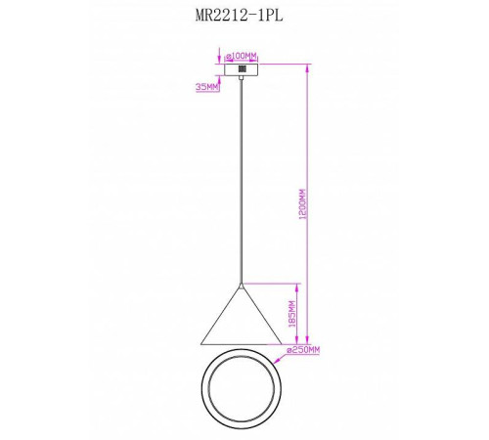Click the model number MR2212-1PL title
pyautogui.click(x=239, y=15)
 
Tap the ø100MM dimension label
pyautogui.click(x=242, y=56)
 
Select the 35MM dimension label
pyautogui.click(x=206, y=87)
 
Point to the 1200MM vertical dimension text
pyautogui.click(x=303, y=204)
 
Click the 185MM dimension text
pyautogui.click(x=292, y=314)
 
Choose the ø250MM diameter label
pyautogui.click(x=303, y=350)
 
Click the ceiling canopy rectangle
pyautogui.click(x=242, y=69)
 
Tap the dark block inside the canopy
pyautogui.click(x=242, y=69)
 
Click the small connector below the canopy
pyautogui.click(x=242, y=77)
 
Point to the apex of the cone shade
pyautogui.click(x=242, y=285)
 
